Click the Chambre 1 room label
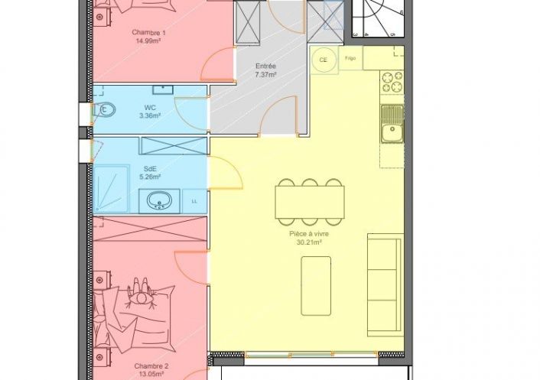click(149, 33)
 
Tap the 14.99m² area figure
click(149, 41)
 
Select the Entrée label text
click(265, 66)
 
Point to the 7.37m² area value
click(265, 74)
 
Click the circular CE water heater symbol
click(323, 60)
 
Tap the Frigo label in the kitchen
click(350, 58)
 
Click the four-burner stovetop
click(392, 82)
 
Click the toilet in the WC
click(103, 110)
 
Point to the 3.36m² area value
click(150, 115)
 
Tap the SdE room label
click(150, 169)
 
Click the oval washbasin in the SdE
click(159, 200)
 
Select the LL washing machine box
click(194, 201)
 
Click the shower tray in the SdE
click(111, 189)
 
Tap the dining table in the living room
click(310, 202)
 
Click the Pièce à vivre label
click(309, 234)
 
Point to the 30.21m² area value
click(309, 242)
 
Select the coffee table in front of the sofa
click(316, 286)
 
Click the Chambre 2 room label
click(151, 366)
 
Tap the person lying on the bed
click(141, 293)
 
